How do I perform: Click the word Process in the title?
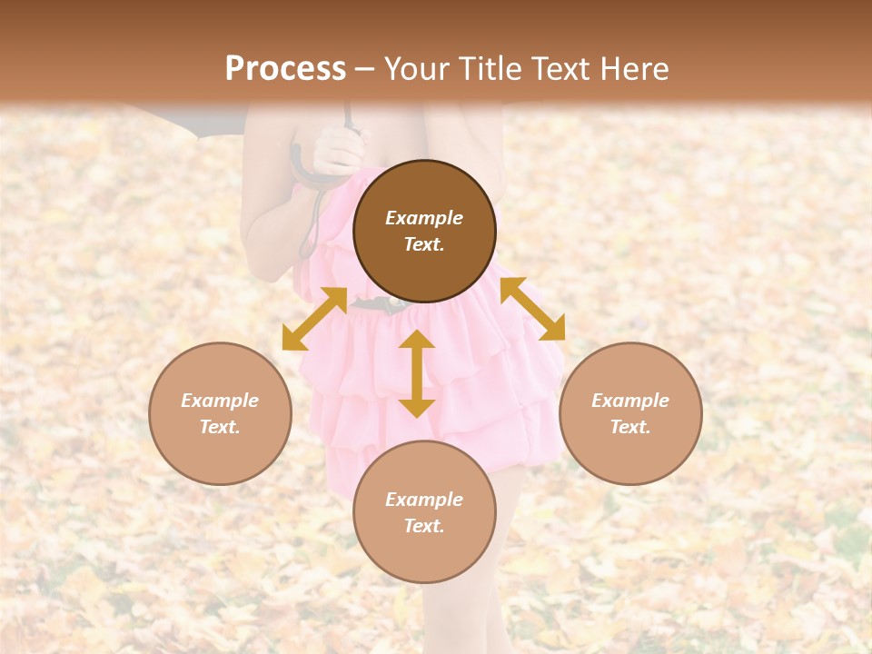[285, 69]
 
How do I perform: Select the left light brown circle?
[220, 413]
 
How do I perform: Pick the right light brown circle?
[630, 413]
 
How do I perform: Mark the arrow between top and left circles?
[314, 319]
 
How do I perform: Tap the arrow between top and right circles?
[532, 309]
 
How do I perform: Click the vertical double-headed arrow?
[417, 373]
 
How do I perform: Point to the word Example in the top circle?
[424, 218]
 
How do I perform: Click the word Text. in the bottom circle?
[424, 526]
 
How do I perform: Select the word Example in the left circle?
[220, 401]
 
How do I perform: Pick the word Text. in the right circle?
[630, 427]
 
